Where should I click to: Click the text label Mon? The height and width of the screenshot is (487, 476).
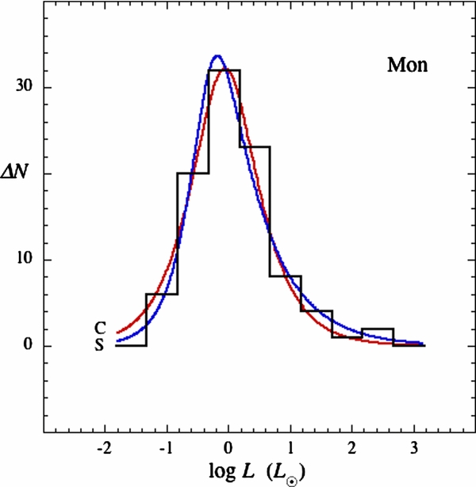click(408, 65)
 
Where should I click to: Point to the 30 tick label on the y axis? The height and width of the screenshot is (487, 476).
click(25, 87)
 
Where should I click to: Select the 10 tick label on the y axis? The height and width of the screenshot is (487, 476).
click(25, 260)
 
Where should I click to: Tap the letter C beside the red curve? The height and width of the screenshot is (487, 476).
click(100, 328)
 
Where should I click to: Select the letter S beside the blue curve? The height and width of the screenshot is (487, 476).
click(100, 345)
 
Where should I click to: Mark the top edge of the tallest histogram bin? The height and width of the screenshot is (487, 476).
click(224, 70)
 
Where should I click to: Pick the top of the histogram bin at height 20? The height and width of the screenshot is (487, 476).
click(193, 173)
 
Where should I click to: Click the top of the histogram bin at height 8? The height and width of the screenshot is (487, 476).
click(285, 276)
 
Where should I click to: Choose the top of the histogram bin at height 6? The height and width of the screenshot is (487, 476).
click(162, 294)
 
